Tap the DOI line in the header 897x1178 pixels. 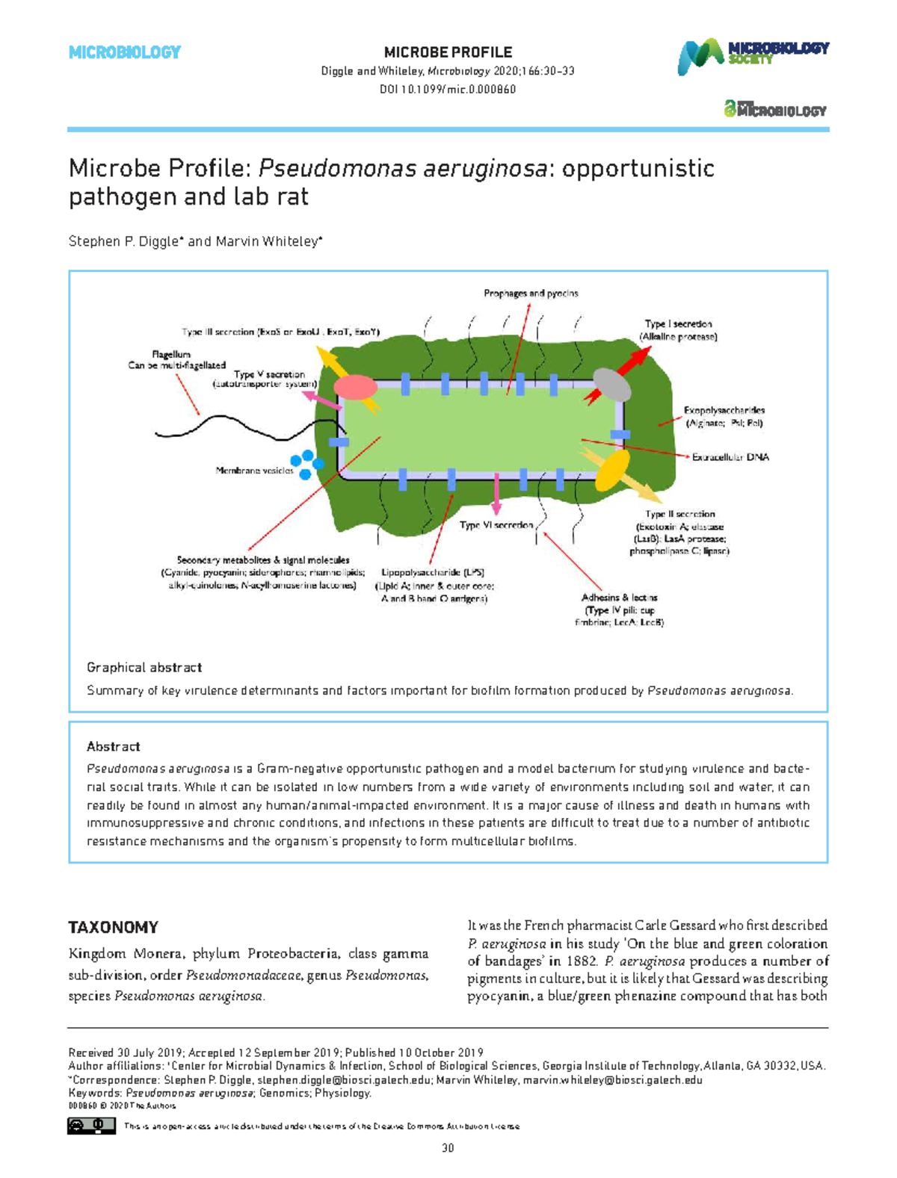click(448, 90)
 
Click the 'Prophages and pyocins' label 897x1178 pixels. click(531, 294)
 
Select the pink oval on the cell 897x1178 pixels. click(355, 388)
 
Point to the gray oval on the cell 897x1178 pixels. click(612, 385)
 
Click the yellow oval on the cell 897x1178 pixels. click(612, 469)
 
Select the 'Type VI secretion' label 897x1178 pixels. click(496, 525)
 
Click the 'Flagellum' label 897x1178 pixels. click(171, 354)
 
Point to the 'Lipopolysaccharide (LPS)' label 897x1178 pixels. click(433, 573)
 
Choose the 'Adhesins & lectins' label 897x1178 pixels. click(619, 598)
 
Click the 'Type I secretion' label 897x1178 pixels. click(678, 324)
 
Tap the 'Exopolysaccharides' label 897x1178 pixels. click(724, 410)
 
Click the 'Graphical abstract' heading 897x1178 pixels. click(144, 667)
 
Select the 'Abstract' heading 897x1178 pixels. click(114, 746)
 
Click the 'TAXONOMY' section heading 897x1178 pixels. click(114, 927)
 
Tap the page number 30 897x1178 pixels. click(448, 1148)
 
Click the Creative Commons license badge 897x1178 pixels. click(91, 1126)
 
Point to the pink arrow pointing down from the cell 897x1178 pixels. click(497, 495)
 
